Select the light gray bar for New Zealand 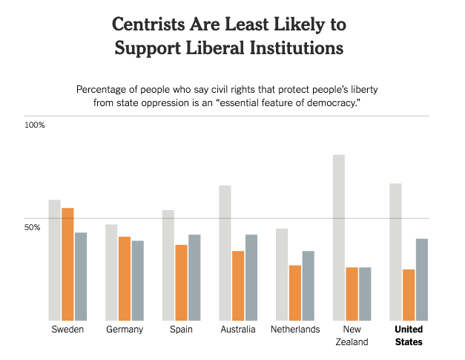coord(338,238)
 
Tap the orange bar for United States coord(409,295)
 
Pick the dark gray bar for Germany coord(138,280)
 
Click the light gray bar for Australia coord(225,252)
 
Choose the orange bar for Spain coord(181,282)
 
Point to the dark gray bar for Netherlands coord(308,285)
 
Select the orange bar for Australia coord(238,285)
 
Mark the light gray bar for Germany coord(111,272)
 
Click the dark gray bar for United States coord(422,279)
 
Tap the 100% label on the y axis coord(35,125)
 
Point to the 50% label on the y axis coord(33,226)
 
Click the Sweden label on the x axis coord(67,330)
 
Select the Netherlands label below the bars coord(295,330)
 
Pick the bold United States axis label coord(409,336)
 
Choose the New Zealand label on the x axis coord(352,336)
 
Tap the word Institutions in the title coord(288,50)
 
